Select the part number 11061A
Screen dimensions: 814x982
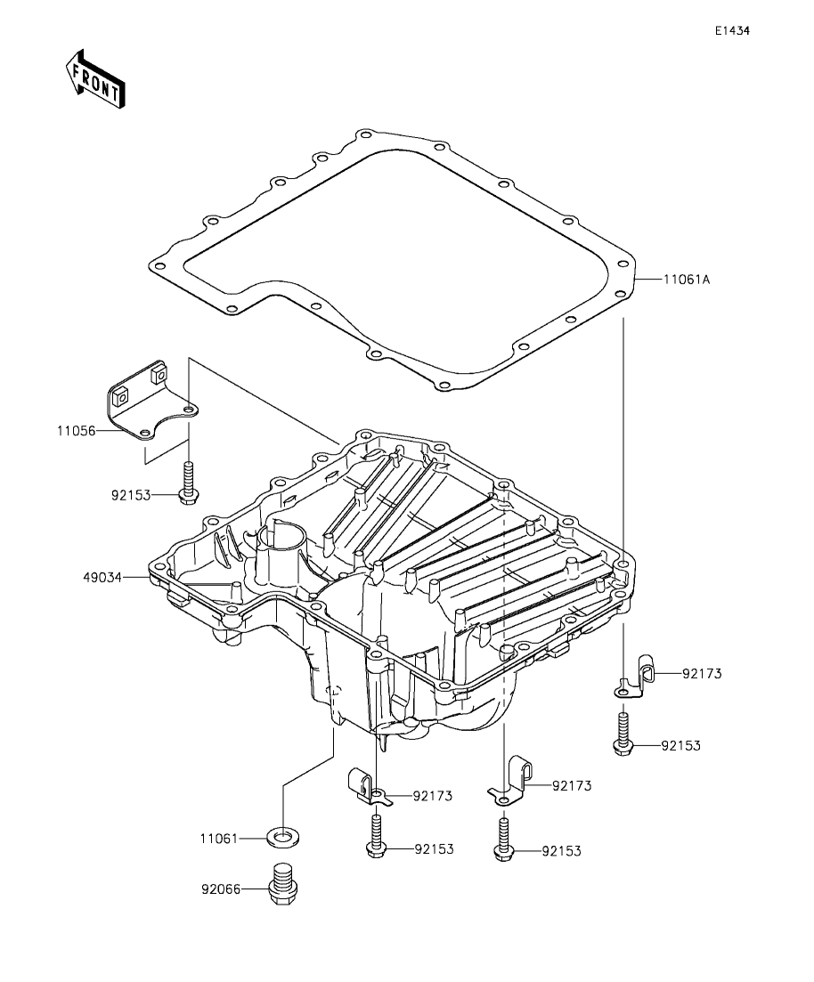point(687,280)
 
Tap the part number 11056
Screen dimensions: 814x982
point(76,431)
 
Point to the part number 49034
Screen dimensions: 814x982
point(102,578)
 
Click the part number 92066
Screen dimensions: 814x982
point(221,889)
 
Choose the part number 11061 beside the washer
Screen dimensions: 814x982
point(219,838)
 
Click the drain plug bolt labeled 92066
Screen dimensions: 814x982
point(283,883)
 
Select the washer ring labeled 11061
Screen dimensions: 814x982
point(283,835)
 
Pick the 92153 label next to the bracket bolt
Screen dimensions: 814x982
point(131,495)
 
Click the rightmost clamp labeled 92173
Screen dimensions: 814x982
point(634,678)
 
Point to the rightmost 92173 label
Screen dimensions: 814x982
point(702,674)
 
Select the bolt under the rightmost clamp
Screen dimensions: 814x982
point(623,732)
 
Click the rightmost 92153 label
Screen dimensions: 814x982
point(680,746)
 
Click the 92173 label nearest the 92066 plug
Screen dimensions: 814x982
point(432,797)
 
